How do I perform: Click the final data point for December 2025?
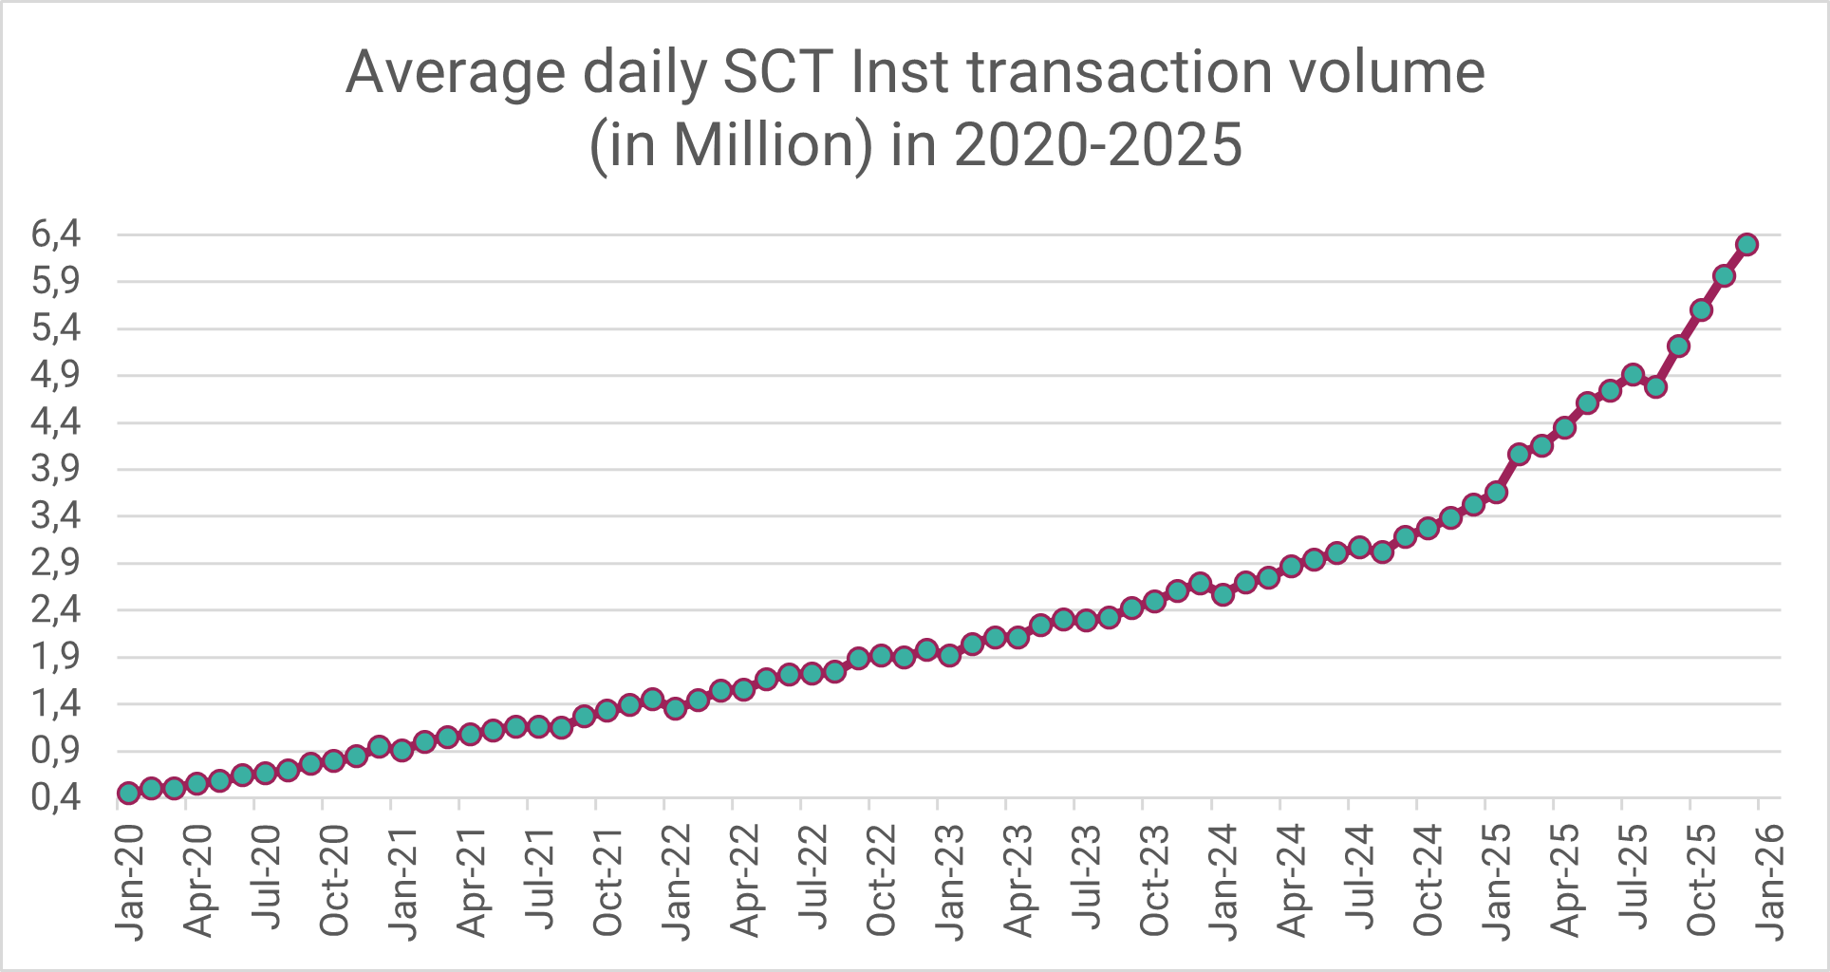coord(1746,245)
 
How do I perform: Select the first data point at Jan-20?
coord(128,794)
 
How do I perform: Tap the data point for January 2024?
coord(1223,595)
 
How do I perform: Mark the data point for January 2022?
coord(675,708)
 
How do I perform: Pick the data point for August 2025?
coord(1655,387)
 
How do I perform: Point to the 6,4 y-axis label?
coord(56,234)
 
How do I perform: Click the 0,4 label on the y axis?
coord(56,797)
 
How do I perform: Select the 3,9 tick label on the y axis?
coord(56,469)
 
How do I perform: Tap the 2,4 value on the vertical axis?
coord(56,609)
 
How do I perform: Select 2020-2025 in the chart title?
coord(1098,145)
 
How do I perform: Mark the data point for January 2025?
coord(1496,493)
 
